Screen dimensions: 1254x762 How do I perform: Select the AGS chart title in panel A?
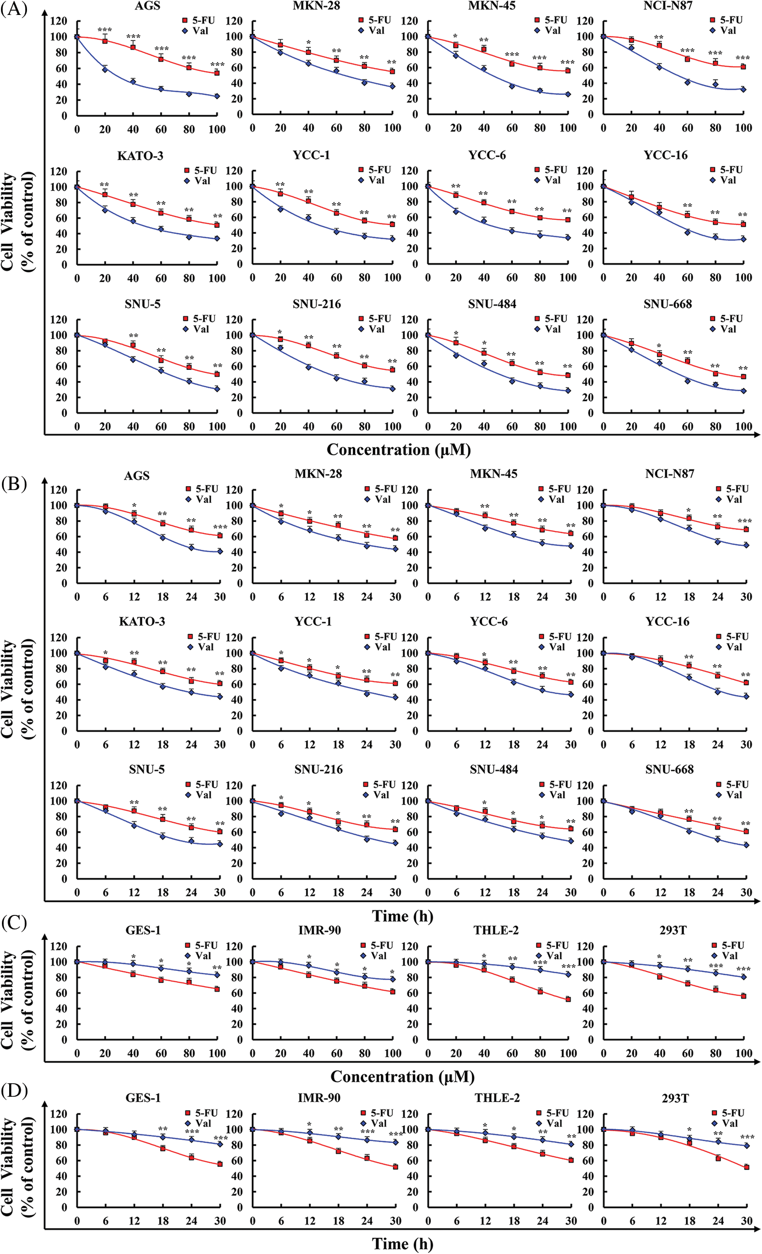[147, 6]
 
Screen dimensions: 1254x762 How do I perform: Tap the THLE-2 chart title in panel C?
[496, 930]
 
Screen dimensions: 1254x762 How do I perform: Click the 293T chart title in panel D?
[674, 1098]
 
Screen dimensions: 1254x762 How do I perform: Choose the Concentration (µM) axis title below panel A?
[398, 450]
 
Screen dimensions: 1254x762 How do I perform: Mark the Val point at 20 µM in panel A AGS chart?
[105, 69]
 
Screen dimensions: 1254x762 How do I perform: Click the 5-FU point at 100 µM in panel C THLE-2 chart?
[568, 999]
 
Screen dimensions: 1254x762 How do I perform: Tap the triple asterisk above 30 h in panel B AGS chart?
[220, 527]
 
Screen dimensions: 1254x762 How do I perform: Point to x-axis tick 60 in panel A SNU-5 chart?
[161, 426]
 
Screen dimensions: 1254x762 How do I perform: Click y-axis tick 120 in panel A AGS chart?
[59, 21]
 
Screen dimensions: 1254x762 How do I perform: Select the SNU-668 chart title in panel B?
[669, 769]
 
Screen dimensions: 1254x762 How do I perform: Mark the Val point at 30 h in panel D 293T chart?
[746, 1145]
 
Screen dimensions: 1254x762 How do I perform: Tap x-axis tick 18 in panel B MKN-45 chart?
[514, 597]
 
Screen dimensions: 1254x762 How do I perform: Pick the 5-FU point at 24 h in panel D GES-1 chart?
[191, 1158]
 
